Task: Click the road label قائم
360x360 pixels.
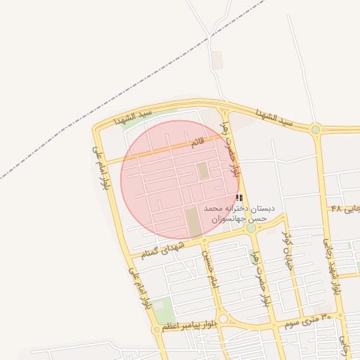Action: click(200, 142)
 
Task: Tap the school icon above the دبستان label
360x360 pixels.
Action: click(239, 198)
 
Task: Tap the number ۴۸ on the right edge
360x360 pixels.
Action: click(335, 210)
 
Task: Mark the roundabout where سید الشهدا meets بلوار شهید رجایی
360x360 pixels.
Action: click(316, 129)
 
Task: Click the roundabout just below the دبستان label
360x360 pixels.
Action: click(251, 228)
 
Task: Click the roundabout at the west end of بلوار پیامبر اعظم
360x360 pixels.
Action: click(157, 329)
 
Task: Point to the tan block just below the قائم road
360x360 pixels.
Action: click(202, 171)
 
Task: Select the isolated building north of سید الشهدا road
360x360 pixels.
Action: click(217, 60)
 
